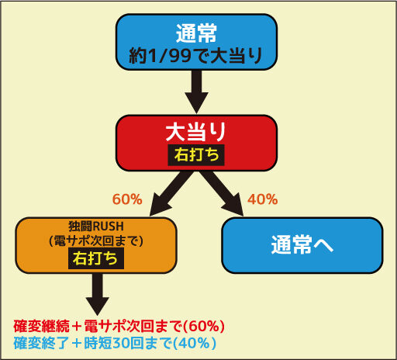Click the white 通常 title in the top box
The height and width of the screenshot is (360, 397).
coord(196,33)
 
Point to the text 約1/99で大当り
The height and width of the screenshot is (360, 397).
coord(195,55)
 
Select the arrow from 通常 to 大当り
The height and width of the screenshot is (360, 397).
coord(197,92)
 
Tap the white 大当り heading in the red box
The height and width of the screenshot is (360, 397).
coord(196,132)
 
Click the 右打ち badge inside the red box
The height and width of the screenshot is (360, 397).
coord(196,154)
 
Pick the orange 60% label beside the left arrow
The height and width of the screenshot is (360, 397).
coord(127,199)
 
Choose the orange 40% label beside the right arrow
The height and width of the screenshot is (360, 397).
coord(263,199)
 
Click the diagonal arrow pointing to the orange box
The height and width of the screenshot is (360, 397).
coord(171,193)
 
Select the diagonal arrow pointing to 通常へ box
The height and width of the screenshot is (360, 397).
coord(222,193)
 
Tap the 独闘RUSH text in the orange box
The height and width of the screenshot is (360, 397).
coord(96,227)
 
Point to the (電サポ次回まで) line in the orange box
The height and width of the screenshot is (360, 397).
coord(96,241)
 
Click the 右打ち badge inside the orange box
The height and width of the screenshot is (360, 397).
coord(96,258)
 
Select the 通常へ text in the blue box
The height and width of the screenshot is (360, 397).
coord(302,245)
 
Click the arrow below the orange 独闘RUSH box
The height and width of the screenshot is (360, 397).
coord(98,294)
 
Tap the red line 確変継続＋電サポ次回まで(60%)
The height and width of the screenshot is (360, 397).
coord(119,326)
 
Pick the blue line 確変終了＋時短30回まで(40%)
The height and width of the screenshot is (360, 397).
coord(115,343)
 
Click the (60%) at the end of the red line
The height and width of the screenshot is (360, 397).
coord(204,326)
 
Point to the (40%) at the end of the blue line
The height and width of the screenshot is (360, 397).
coord(195,343)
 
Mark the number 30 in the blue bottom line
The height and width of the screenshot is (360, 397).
coord(121,343)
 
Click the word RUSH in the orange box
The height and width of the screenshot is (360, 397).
coord(109,227)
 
